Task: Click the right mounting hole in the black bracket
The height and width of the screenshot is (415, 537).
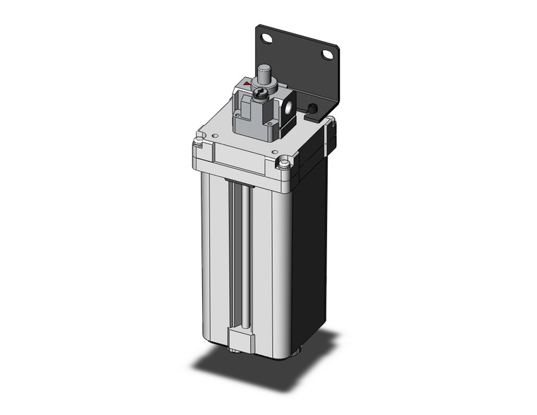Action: coord(327,54)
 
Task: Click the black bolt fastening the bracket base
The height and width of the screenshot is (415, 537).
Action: coord(312,108)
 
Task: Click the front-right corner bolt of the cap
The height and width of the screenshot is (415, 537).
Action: coord(283,164)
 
